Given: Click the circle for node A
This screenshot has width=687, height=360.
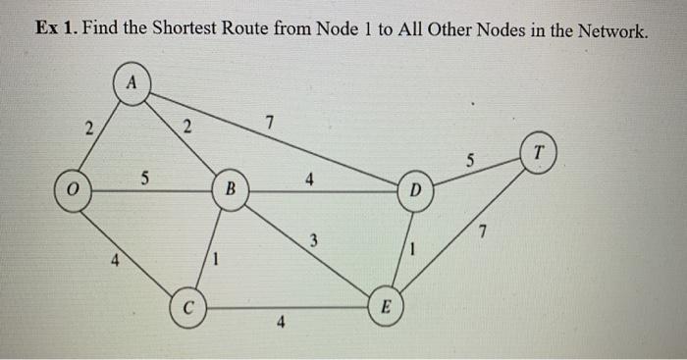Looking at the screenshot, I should point(131,81).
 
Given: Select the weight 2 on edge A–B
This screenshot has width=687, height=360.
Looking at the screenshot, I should point(187,127).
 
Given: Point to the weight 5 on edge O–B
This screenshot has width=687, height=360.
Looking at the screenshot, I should point(144,179).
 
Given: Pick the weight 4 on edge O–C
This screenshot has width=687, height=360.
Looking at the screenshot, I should point(115,262).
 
